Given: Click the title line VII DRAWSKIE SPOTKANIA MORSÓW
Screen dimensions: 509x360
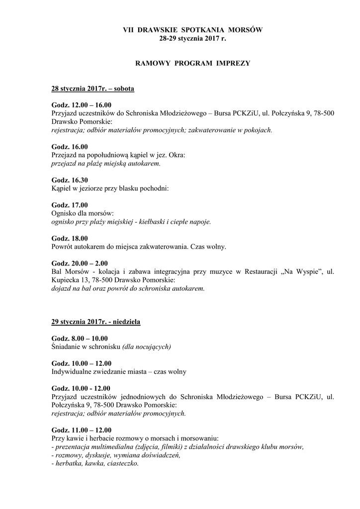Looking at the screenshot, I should (x=192, y=30).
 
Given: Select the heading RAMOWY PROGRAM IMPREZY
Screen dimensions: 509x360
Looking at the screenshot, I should (x=192, y=64).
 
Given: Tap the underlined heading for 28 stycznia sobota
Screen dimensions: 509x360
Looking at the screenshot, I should (x=93, y=89).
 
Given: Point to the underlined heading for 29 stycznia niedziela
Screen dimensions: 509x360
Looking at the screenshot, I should (x=96, y=322).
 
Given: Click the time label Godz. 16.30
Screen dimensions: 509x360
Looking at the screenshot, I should (x=70, y=180).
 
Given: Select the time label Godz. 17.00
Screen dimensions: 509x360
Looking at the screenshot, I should (x=70, y=205).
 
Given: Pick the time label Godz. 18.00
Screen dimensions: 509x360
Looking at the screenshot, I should (x=70, y=238).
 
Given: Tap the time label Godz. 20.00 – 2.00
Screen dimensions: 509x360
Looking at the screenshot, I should (x=80, y=263).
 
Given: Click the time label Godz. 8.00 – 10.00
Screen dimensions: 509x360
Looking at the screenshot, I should (x=81, y=338).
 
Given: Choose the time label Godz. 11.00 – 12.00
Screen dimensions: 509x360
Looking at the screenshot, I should (x=82, y=430).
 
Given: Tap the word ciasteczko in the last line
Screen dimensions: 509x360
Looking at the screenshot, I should (x=121, y=463).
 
